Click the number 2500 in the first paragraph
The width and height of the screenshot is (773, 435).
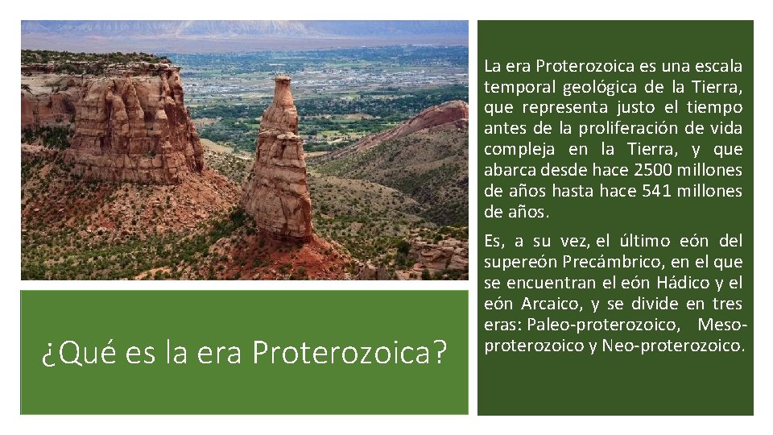click(655, 170)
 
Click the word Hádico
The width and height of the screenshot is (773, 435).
click(684, 283)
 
